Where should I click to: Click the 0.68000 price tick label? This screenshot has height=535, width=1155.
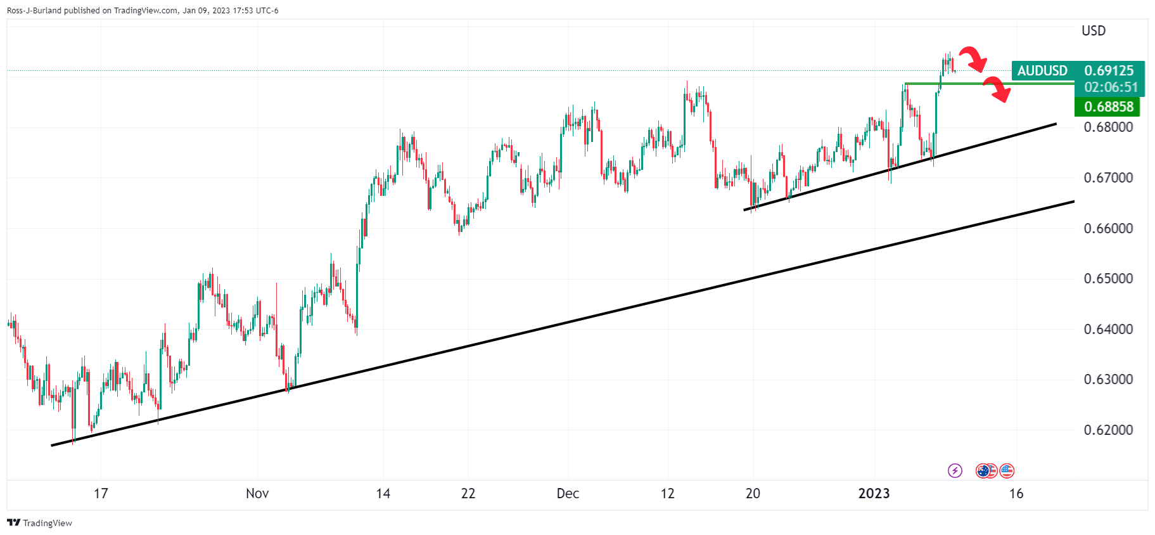coord(1108,127)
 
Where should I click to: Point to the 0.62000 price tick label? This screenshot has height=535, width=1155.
coord(1108,430)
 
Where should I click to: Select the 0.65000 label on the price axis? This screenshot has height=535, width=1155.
coord(1108,278)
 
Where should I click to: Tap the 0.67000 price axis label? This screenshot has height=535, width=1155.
coord(1108,177)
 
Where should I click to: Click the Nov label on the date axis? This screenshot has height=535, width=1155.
coord(257,493)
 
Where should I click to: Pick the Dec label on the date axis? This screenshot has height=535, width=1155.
coord(568,493)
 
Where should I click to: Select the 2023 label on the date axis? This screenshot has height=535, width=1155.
coord(874,493)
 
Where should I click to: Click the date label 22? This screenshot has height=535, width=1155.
coord(468,493)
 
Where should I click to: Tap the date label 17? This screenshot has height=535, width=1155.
coord(101,493)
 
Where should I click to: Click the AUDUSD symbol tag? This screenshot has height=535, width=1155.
coord(1042,71)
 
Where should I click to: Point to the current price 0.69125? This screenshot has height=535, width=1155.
coord(1109,71)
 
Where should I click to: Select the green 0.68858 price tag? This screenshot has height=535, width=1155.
coord(1108,106)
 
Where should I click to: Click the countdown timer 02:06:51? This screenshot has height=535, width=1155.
coord(1111,87)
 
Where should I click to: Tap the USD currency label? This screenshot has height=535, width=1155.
coord(1094,30)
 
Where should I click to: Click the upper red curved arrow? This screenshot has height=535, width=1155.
coord(973,59)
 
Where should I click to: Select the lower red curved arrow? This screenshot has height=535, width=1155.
coord(997,89)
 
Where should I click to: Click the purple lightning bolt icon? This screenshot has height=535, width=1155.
coord(955,470)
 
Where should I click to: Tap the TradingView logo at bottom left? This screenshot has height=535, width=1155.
coord(39,523)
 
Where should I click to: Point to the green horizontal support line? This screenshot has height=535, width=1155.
coord(988,83)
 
